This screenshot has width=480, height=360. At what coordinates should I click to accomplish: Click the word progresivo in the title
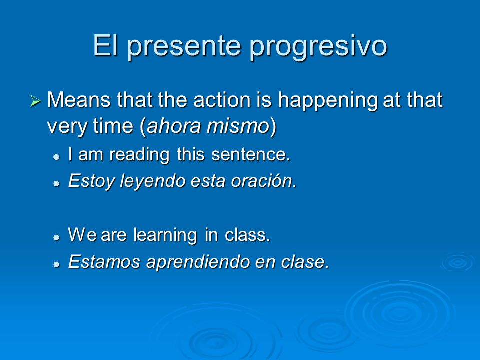[318, 47]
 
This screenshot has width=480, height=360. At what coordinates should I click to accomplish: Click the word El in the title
[105, 45]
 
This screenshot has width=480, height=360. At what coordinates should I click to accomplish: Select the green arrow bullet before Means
[35, 101]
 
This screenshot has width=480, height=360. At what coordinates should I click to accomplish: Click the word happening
[328, 100]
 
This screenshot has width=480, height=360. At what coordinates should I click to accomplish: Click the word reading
[139, 155]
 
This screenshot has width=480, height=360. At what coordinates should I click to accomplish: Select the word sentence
[251, 154]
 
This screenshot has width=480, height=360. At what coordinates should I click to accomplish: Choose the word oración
[264, 181]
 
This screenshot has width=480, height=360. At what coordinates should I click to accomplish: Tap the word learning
[165, 235]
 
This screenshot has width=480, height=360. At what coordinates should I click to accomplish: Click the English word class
[247, 235]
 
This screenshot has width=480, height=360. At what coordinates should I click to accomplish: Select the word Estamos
[104, 262]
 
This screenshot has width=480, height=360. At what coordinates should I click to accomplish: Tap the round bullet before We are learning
[56, 237]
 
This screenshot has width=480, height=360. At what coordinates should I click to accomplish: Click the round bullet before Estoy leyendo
[56, 183]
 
